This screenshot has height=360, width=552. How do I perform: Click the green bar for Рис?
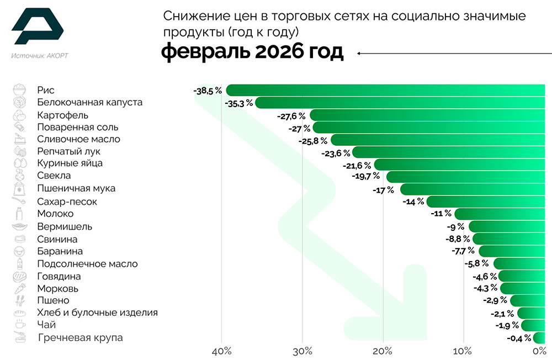point(386,90)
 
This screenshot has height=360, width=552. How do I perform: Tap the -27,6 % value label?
point(291,116)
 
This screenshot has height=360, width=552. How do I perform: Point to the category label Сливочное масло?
point(78,139)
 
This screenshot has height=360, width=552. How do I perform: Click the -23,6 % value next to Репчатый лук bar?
point(336,152)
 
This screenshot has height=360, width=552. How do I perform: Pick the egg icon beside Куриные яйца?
point(20,163)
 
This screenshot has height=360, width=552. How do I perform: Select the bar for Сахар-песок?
point(486,202)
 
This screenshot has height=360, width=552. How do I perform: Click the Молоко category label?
point(55,214)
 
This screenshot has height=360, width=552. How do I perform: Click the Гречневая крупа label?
point(80,338)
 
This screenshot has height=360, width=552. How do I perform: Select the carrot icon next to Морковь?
point(20,288)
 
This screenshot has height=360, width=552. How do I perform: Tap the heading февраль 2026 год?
point(252,53)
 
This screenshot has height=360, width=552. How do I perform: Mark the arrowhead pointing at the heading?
point(359,54)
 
